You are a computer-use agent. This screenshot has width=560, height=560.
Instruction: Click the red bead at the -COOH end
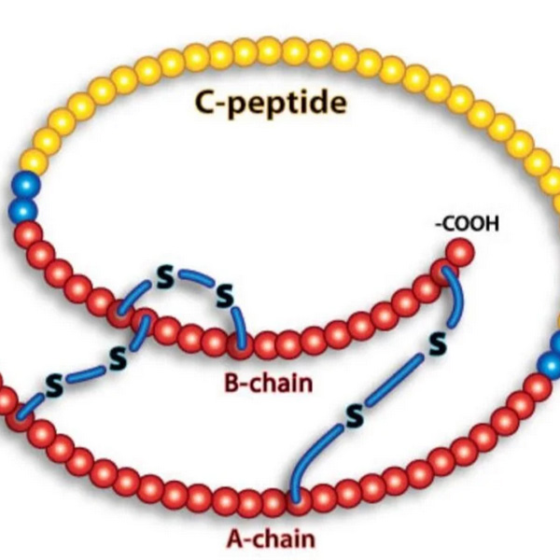point(458,252)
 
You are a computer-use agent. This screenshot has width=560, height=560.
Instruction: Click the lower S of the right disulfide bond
point(354,417)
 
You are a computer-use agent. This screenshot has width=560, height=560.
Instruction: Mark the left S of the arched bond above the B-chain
point(164,278)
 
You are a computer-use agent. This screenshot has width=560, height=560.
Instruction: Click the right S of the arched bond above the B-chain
point(224,298)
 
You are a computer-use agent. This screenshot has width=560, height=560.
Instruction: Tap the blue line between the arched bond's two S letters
point(195,279)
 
